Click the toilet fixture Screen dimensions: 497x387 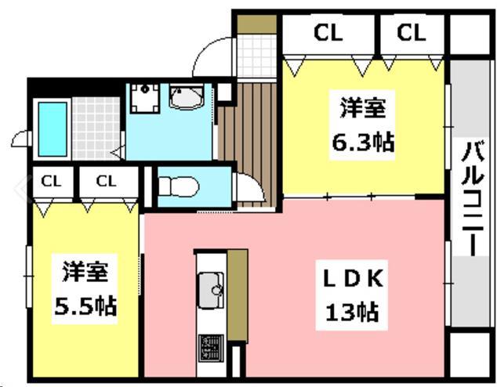pyautogui.click(x=178, y=186)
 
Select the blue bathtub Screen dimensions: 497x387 pyautogui.click(x=53, y=129)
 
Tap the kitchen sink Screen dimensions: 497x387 pyautogui.click(x=211, y=290)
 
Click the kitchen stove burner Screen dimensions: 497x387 pyautogui.click(x=211, y=349)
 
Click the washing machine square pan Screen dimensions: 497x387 pyautogui.click(x=144, y=98)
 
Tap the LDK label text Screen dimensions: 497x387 pyautogui.click(x=353, y=279)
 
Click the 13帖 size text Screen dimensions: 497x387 pyautogui.click(x=352, y=312)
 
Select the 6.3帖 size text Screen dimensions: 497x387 pyautogui.click(x=363, y=143)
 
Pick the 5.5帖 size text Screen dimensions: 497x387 pyautogui.click(x=85, y=306)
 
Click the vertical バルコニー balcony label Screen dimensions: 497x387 pyautogui.click(x=472, y=198)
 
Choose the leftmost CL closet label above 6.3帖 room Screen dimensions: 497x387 pyautogui.click(x=328, y=32)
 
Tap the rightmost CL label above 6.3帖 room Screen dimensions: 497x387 pyautogui.click(x=411, y=32)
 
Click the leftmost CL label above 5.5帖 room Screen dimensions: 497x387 pyautogui.click(x=51, y=182)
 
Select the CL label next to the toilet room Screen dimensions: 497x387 pyautogui.click(x=106, y=182)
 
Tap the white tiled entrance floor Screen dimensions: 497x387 pyautogui.click(x=257, y=56)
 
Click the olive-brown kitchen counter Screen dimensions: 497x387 pyautogui.click(x=238, y=295)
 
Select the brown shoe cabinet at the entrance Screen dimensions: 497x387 pyautogui.click(x=257, y=24)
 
